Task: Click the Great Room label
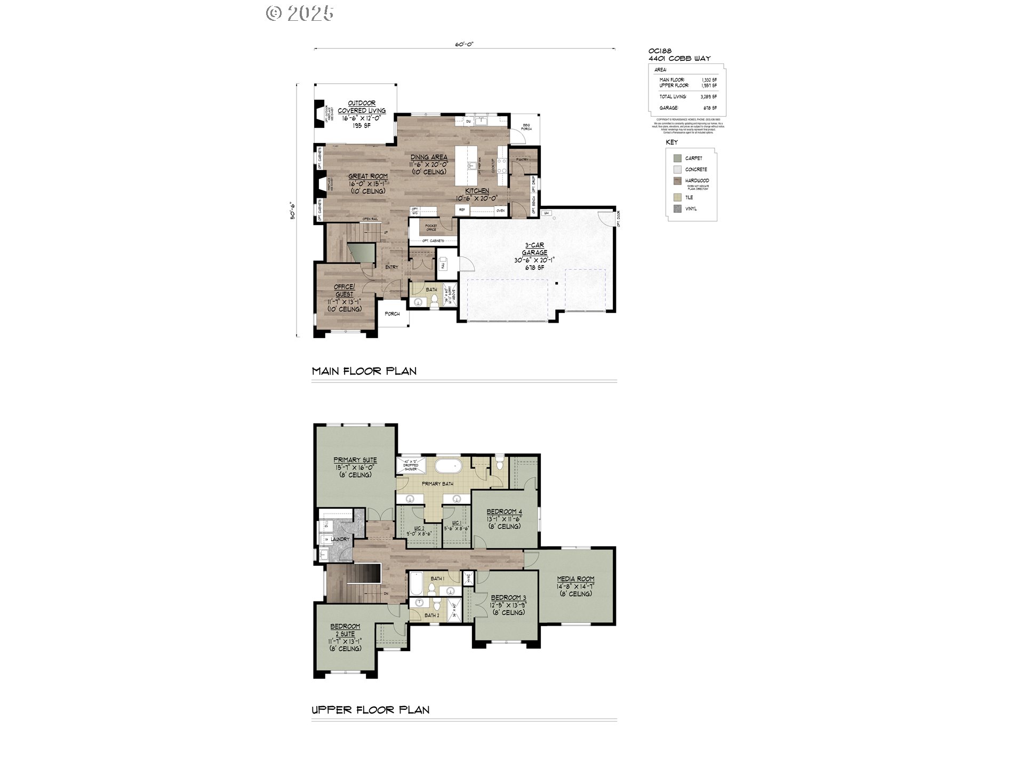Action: click(368, 177)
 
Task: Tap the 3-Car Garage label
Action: click(534, 249)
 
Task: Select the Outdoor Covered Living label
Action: click(362, 107)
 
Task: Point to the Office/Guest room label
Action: click(344, 291)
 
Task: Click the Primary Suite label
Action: click(355, 460)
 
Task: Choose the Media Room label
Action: click(575, 579)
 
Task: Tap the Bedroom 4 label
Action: click(504, 512)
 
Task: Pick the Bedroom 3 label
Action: click(508, 598)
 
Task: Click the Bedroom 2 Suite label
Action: click(345, 630)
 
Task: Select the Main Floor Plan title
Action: click(364, 371)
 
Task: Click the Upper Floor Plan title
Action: click(371, 710)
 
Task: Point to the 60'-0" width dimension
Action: click(464, 45)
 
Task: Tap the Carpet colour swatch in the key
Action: click(677, 158)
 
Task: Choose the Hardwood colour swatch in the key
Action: click(677, 181)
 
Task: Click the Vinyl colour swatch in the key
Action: click(677, 209)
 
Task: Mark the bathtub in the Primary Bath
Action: click(447, 466)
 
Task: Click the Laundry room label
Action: click(340, 539)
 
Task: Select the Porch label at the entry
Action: click(392, 314)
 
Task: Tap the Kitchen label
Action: click(477, 191)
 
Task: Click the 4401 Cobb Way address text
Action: click(679, 58)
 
